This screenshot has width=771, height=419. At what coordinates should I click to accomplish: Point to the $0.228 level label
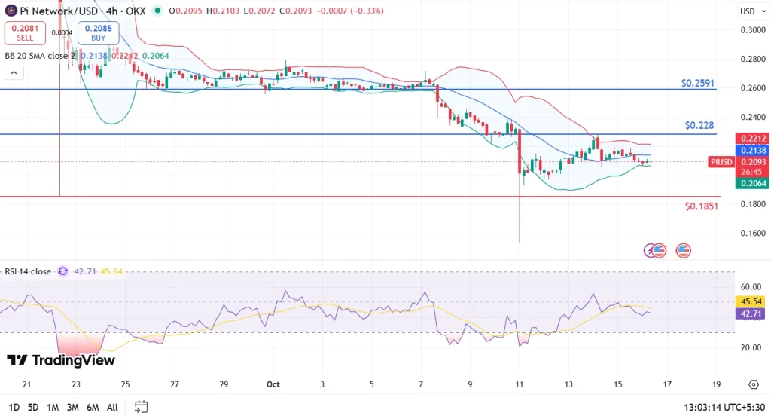(699, 125)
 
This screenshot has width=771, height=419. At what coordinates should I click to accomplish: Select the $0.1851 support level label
(701, 206)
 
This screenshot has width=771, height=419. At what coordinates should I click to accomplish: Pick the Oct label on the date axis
(273, 384)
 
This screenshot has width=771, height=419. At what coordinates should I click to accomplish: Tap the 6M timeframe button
(93, 408)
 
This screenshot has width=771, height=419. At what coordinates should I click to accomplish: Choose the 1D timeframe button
(13, 408)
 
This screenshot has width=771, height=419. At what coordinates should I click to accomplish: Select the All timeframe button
(112, 408)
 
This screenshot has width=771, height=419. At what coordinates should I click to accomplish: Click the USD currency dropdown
(751, 11)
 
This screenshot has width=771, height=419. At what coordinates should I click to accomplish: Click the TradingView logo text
(61, 360)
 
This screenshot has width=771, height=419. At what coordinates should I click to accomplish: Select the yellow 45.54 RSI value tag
(751, 301)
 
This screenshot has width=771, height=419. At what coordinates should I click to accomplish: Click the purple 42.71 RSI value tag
(751, 313)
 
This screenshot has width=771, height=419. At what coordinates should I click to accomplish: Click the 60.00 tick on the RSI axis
(751, 287)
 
